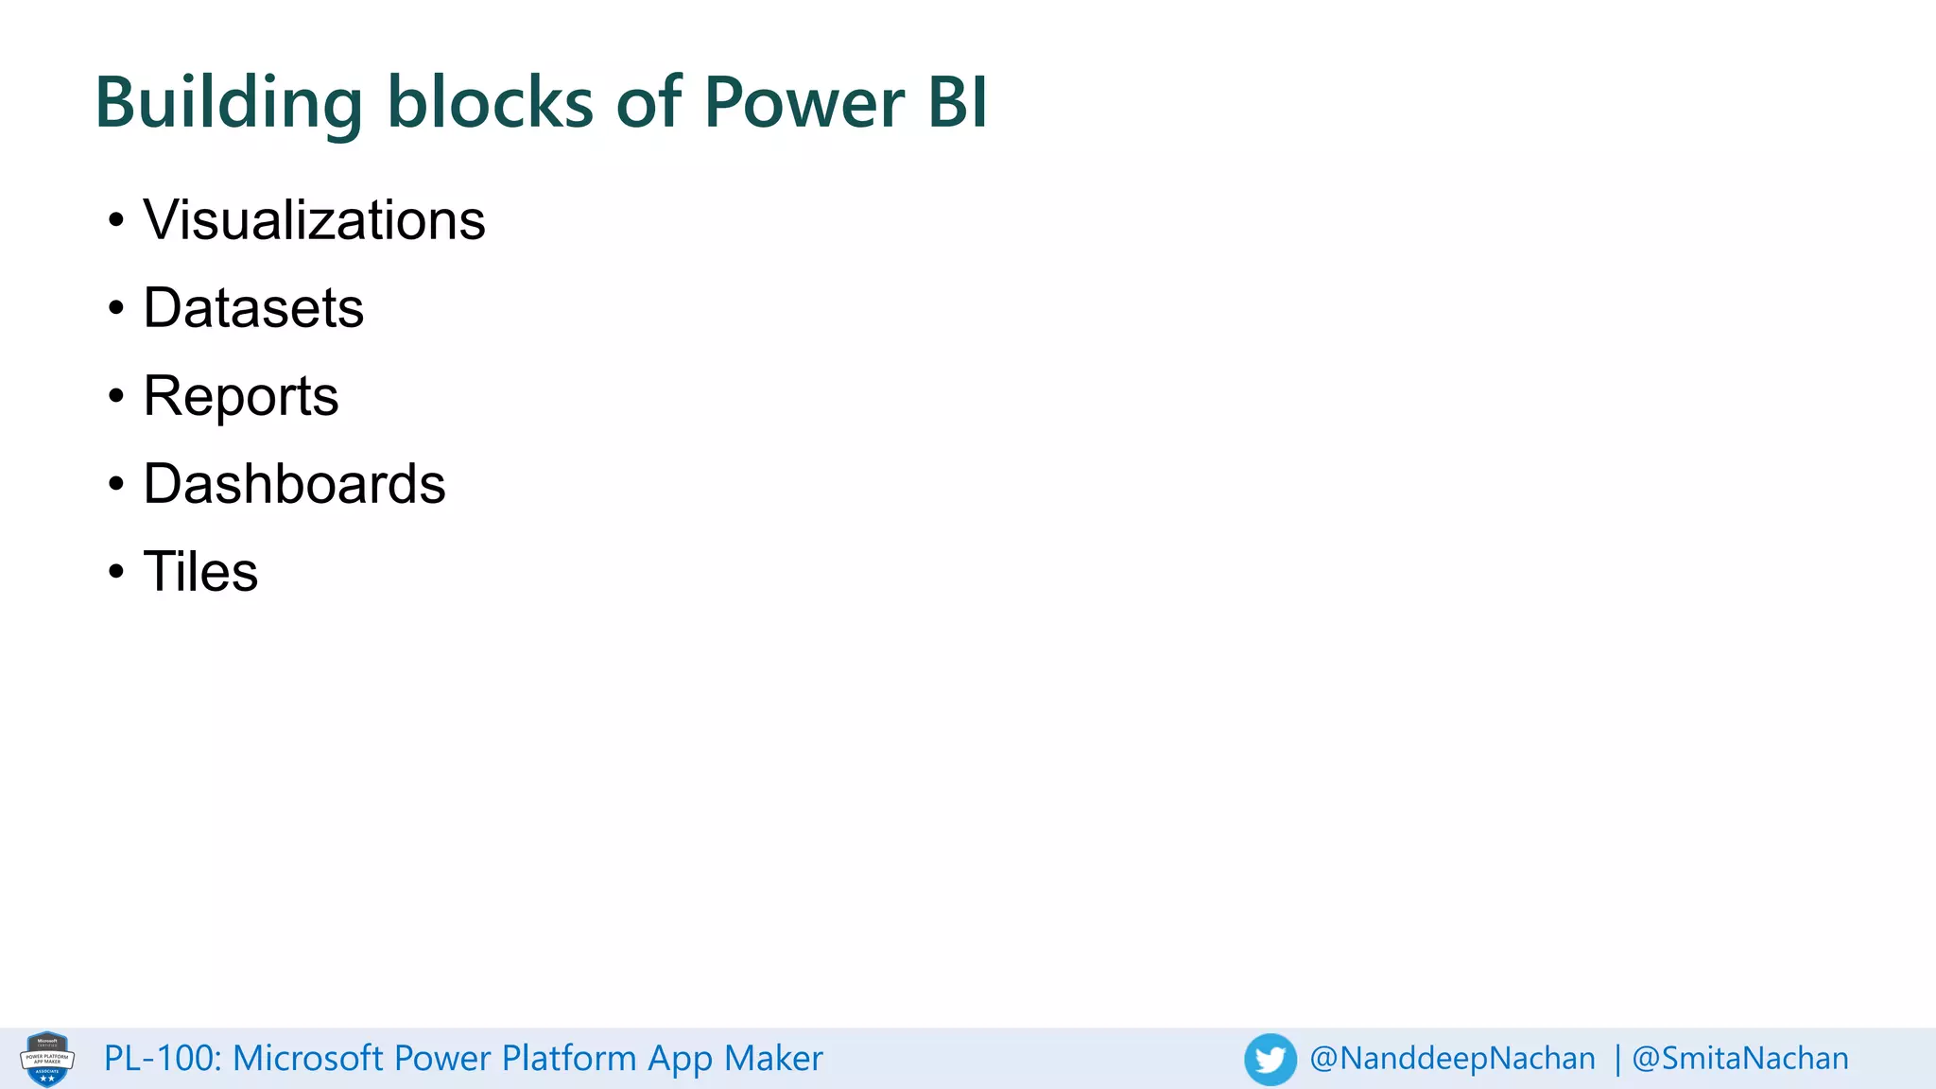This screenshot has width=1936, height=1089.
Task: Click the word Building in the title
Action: point(228,102)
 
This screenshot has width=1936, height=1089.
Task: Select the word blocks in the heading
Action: point(490,102)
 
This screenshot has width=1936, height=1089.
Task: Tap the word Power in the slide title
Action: point(804,102)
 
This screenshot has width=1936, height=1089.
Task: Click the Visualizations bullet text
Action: point(314,220)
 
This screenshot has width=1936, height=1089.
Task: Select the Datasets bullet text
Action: point(253,308)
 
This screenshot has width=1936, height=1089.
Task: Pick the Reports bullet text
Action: point(241,396)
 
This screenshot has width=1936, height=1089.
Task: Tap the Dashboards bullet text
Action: point(294,484)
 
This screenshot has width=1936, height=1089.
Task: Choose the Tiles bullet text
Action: point(200,572)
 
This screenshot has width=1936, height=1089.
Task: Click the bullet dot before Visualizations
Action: point(116,221)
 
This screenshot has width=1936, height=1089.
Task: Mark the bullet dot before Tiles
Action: point(116,572)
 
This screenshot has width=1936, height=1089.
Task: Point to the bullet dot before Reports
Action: point(116,396)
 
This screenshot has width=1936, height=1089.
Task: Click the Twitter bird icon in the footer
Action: point(1270,1059)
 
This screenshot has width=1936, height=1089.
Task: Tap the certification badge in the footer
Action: point(47,1059)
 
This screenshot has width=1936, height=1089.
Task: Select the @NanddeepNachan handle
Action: point(1452,1059)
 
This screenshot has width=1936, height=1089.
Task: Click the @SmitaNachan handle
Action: point(1740,1059)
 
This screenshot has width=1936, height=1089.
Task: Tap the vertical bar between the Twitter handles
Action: point(1617,1060)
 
